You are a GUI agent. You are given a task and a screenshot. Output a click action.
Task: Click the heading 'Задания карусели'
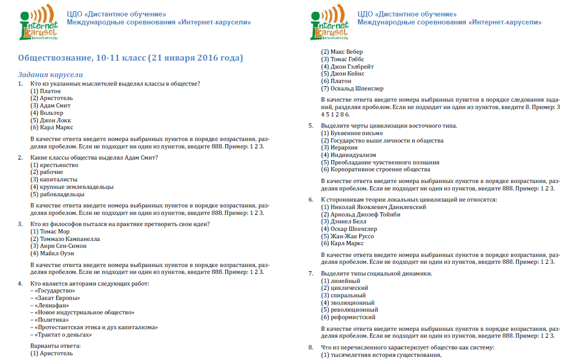pyautogui.click(x=51, y=74)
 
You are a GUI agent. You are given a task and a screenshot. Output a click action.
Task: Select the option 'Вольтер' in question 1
pyautogui.click(x=52, y=113)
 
